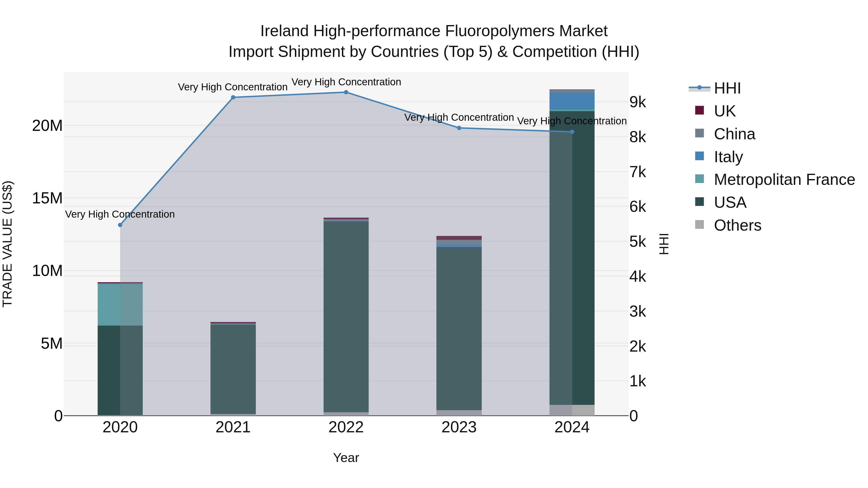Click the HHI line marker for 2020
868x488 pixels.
[120, 225]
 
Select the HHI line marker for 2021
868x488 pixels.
[233, 97]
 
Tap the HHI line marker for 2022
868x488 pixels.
[346, 92]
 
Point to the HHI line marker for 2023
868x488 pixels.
[459, 128]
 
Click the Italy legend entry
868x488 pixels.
[728, 157]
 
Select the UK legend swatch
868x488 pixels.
[699, 110]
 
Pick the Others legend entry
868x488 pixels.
[737, 225]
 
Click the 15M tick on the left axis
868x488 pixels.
[47, 198]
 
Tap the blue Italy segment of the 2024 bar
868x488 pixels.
[572, 101]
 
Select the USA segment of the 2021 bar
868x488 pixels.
[233, 369]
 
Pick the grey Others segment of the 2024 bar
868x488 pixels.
[572, 410]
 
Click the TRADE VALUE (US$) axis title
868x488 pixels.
[8, 244]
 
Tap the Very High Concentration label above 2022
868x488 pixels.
[346, 82]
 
